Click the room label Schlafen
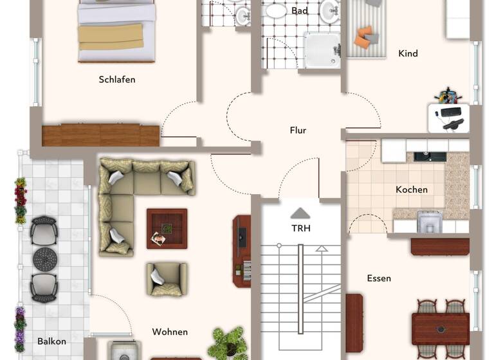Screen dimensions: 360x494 [117, 80]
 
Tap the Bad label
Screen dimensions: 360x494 [300, 11]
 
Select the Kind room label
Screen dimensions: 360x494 [408, 53]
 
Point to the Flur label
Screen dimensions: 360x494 [298, 130]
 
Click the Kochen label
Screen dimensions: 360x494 [412, 190]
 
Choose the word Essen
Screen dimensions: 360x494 [379, 278]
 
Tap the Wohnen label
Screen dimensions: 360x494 [170, 332]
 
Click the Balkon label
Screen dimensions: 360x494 [51, 341]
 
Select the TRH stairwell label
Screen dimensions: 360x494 [300, 228]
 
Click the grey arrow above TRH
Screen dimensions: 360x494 [300, 213]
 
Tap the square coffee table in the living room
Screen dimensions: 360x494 [167, 228]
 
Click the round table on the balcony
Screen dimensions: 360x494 [45, 259]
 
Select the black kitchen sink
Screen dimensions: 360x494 [430, 156]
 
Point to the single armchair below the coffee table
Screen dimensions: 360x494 [167, 279]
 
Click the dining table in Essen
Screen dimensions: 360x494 [441, 328]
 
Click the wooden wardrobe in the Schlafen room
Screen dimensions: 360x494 [100, 135]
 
